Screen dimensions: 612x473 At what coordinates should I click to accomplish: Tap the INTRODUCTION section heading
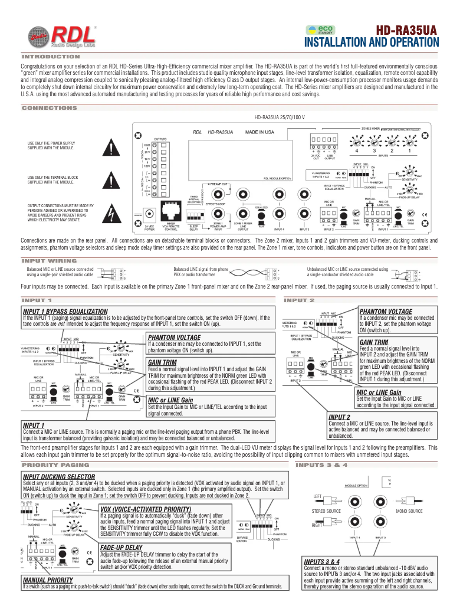tap(51, 57)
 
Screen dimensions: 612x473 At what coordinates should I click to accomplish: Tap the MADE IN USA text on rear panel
tap(262, 132)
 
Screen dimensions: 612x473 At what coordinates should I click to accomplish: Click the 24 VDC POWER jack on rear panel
tap(150, 214)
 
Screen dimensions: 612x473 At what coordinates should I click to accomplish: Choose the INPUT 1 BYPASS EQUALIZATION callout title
tap(65, 311)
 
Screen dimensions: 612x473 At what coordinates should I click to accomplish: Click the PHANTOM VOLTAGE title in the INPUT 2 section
tap(385, 311)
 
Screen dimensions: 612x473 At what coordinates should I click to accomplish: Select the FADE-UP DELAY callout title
tap(121, 548)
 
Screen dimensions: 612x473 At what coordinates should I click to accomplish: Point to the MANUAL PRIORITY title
tap(47, 580)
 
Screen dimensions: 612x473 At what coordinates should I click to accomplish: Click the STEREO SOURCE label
tap(326, 511)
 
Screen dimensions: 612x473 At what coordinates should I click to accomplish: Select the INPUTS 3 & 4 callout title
tap(322, 561)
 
